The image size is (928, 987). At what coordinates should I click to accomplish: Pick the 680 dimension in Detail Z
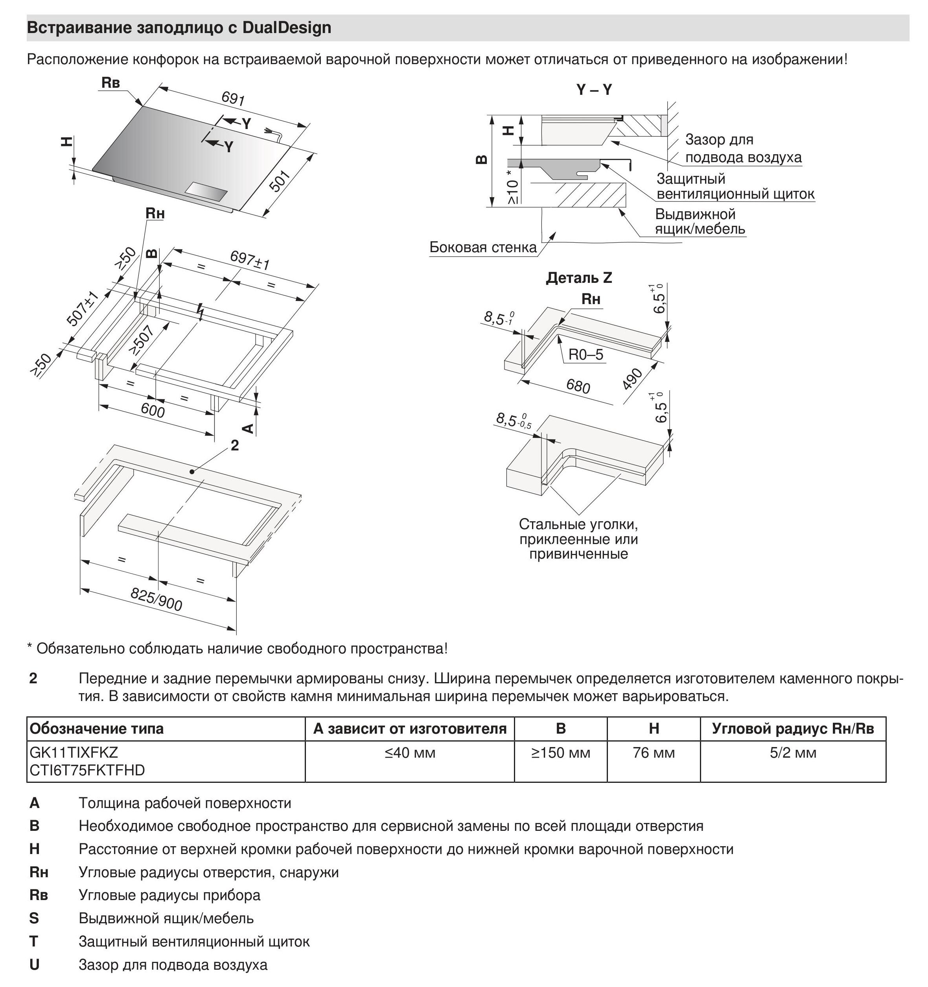[x=578, y=386]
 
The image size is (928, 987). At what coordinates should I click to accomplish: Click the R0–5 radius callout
[x=586, y=354]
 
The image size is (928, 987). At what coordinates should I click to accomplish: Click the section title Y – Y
[x=594, y=90]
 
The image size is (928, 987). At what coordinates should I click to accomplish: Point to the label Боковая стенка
[x=483, y=247]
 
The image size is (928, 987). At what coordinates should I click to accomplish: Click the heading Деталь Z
[x=579, y=278]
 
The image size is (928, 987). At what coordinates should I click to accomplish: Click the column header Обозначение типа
[x=97, y=729]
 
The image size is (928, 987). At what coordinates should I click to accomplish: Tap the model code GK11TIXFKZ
[x=74, y=753]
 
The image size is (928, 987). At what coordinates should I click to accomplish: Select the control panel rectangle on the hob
[x=206, y=192]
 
